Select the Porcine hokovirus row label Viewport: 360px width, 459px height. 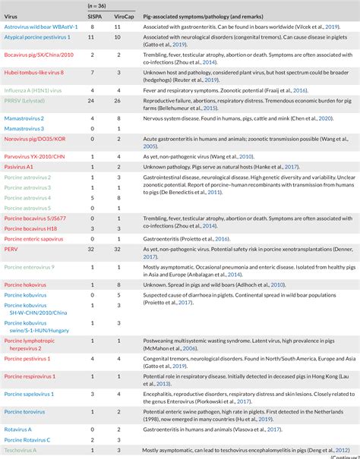27,285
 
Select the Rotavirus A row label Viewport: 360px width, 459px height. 20,429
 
